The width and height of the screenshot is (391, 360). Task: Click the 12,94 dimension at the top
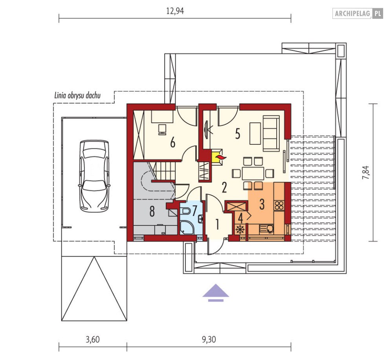coord(175,11)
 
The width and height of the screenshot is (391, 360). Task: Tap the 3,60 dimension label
coord(93,340)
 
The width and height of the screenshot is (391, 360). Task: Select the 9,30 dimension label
coord(209,340)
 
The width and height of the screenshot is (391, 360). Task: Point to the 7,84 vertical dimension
coord(366,172)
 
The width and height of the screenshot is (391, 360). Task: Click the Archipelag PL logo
coord(358,13)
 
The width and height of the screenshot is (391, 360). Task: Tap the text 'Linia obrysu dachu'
coord(77,95)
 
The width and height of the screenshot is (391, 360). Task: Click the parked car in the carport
coord(94,176)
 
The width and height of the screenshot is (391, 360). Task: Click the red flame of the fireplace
coord(221,157)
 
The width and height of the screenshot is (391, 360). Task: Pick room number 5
coord(238,134)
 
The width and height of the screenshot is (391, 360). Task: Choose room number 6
coord(173,143)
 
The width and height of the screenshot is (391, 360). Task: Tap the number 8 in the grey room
coord(152,211)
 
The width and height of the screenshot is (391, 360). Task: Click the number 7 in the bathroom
coord(195,210)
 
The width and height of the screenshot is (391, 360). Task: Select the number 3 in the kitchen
coord(262,204)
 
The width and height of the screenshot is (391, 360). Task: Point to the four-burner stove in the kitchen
coord(279,205)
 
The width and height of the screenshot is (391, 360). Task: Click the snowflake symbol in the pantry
coord(240,229)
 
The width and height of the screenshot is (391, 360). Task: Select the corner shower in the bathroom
coord(187,228)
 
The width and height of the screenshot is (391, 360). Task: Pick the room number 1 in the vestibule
coord(217,224)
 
